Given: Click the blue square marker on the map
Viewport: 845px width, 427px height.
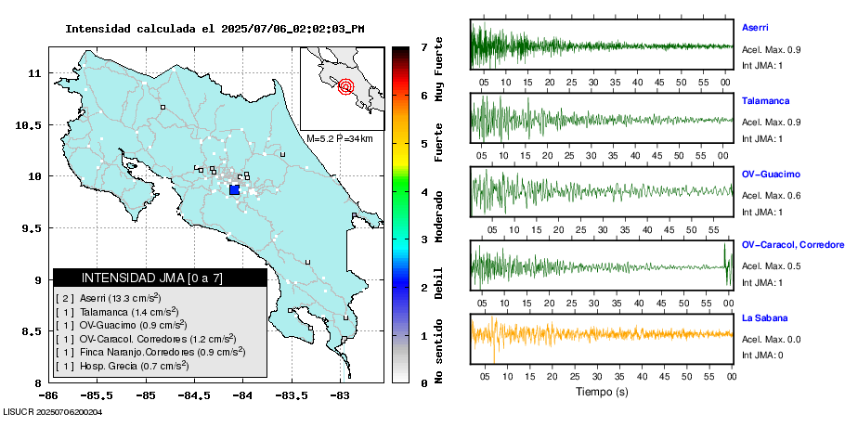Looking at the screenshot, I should (x=234, y=189).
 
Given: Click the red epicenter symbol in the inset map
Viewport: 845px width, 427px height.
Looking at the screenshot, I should (x=346, y=87).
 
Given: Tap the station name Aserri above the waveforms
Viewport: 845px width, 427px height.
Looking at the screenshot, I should (x=755, y=28).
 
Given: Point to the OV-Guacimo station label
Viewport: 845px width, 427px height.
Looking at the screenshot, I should (x=771, y=175).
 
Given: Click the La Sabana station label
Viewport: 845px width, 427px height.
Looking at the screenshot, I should (x=764, y=318).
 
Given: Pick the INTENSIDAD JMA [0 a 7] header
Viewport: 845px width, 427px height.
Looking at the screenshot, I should (x=160, y=278).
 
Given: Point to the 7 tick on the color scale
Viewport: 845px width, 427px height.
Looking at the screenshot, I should (x=422, y=46).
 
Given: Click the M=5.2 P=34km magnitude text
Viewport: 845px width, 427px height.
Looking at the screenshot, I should (x=340, y=138).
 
